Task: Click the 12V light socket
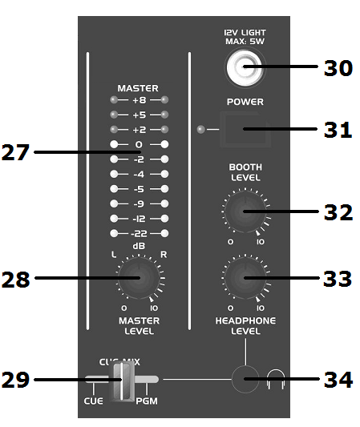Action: pyautogui.click(x=245, y=67)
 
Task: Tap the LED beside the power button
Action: pyautogui.click(x=201, y=129)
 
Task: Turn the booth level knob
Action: pyautogui.click(x=245, y=211)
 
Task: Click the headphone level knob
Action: pyautogui.click(x=245, y=278)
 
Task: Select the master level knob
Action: pyautogui.click(x=139, y=278)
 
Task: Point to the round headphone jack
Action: pyautogui.click(x=245, y=379)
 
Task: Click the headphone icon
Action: pyautogui.click(x=276, y=380)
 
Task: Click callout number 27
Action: pyautogui.click(x=15, y=152)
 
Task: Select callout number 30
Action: pyautogui.click(x=338, y=68)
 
